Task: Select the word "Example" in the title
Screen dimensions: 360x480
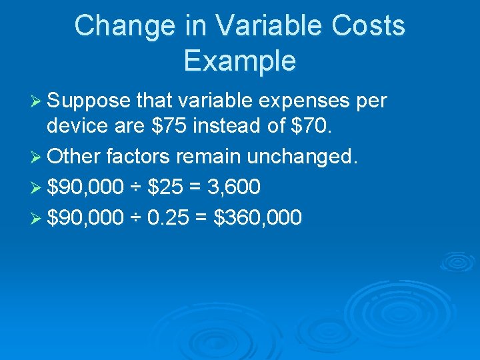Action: tap(239, 61)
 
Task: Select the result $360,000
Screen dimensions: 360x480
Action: tap(257, 217)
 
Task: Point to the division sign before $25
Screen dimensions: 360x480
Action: tap(135, 188)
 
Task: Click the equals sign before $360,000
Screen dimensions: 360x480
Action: tap(202, 217)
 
